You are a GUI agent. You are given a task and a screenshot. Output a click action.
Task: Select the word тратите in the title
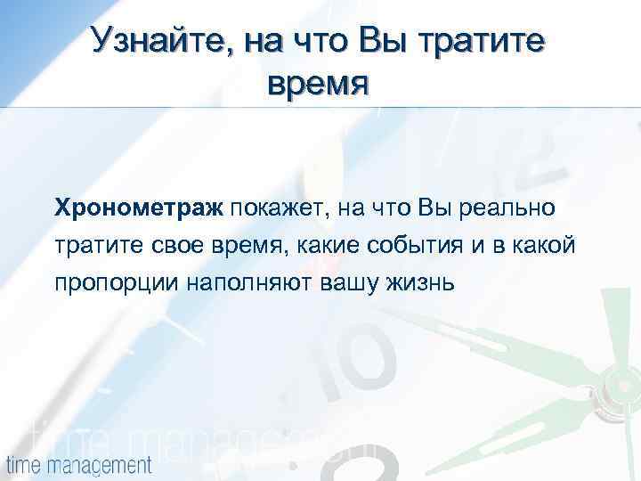pyautogui.click(x=483, y=42)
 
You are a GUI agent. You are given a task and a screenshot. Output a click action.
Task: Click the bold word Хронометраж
pyautogui.click(x=140, y=208)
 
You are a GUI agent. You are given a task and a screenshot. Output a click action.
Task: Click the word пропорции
pyautogui.click(x=117, y=283)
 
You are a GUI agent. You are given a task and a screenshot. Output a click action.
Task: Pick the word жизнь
pyautogui.click(x=422, y=283)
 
